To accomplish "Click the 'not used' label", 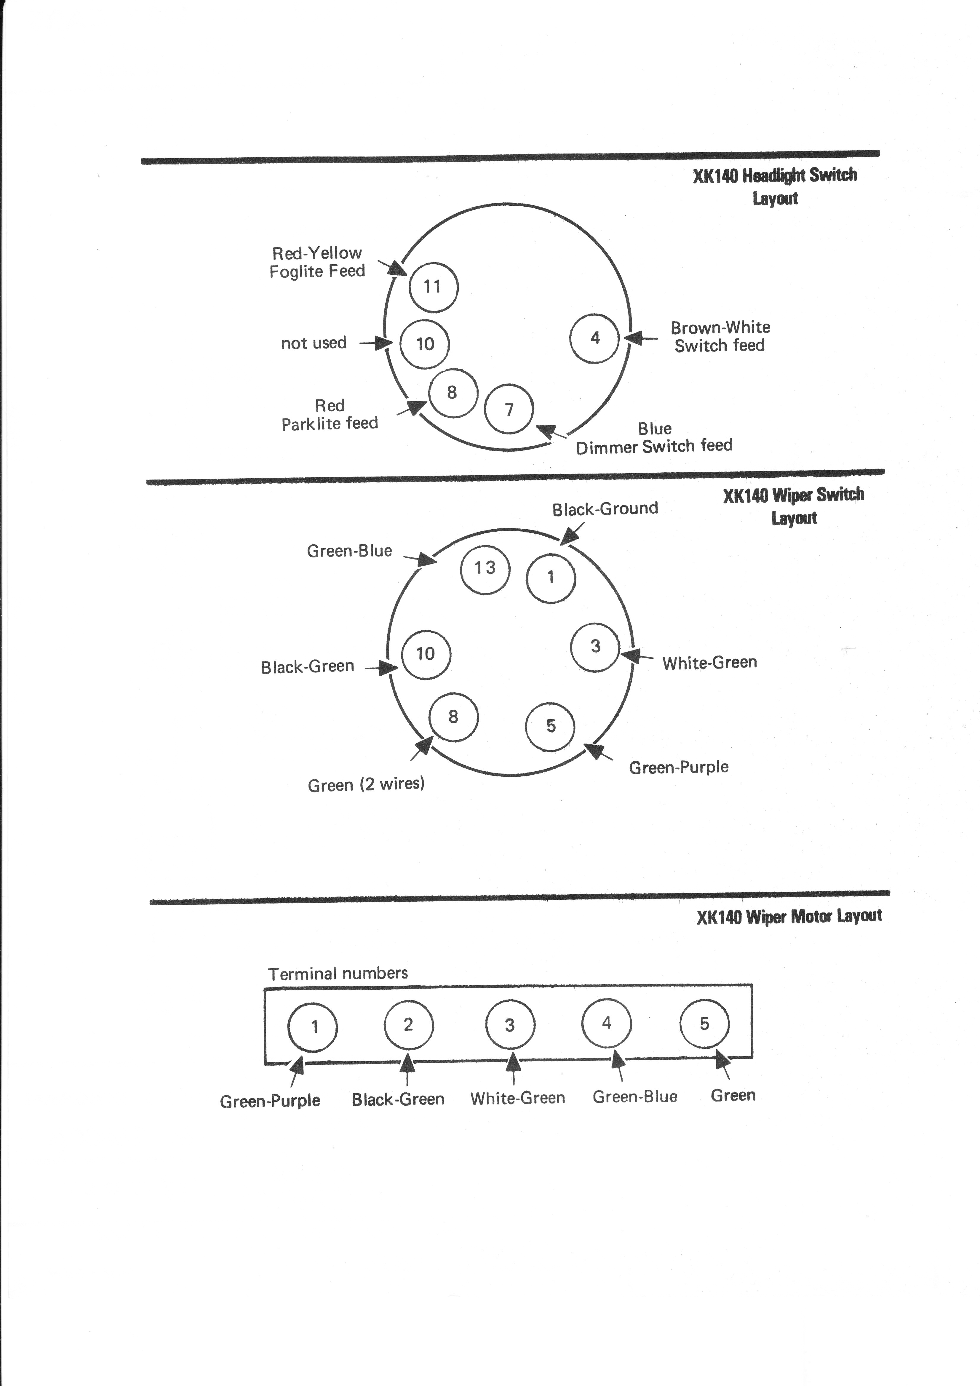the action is pyautogui.click(x=314, y=343).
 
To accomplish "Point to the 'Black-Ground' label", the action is pyautogui.click(x=605, y=509).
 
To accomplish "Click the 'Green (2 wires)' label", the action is pyautogui.click(x=366, y=784).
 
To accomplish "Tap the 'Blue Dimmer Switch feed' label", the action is pyautogui.click(x=655, y=438).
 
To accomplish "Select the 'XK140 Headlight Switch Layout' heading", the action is pyautogui.click(x=775, y=186).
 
